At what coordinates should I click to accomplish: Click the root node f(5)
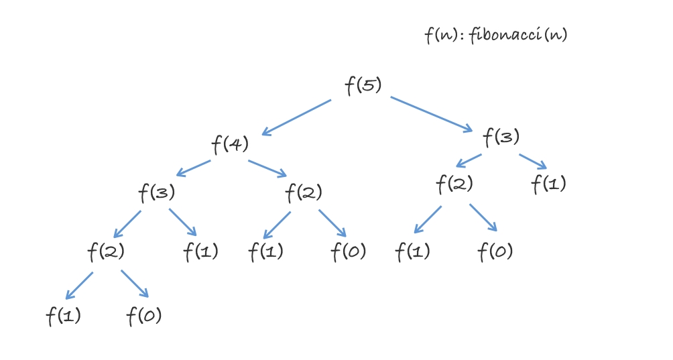point(363,86)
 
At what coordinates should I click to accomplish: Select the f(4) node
point(230,143)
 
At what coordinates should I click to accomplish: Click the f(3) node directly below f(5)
point(501,137)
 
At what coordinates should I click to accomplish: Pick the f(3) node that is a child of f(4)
point(156,193)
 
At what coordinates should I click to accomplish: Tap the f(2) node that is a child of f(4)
point(303,193)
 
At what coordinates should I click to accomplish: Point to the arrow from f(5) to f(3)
point(432,115)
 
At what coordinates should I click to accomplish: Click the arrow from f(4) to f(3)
point(193,168)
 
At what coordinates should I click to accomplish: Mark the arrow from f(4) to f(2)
point(267,168)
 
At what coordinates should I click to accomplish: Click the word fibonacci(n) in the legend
point(518,35)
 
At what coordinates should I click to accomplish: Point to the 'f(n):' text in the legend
point(444,35)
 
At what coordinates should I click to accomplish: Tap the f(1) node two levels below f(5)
point(548,183)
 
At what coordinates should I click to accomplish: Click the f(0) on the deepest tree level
point(144,316)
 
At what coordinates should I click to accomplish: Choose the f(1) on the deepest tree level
point(63,316)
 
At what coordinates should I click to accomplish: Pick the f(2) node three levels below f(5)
point(106,252)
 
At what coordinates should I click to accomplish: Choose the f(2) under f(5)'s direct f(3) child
point(454,182)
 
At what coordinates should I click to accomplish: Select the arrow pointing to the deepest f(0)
point(135,284)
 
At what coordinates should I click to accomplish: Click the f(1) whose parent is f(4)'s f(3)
point(200,252)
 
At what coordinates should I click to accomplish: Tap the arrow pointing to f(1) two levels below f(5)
point(533,162)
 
